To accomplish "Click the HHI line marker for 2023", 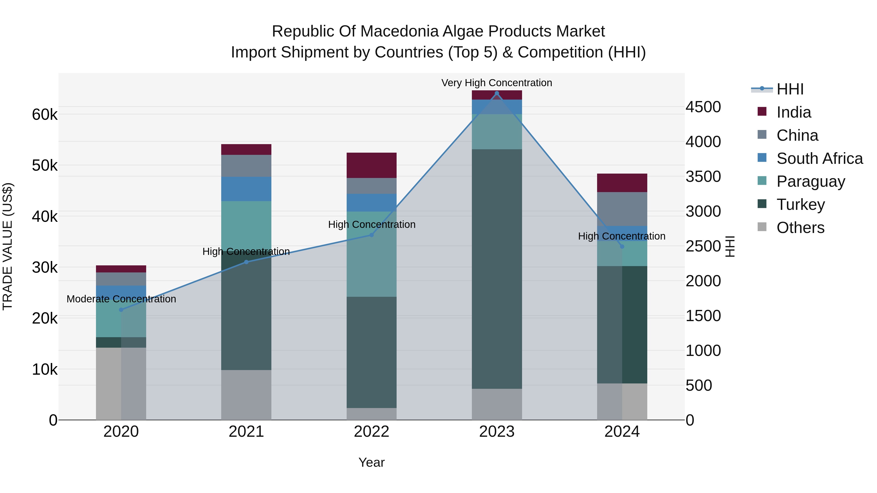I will pos(497,93).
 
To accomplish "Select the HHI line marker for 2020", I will pos(121,310).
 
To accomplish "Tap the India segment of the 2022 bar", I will pos(372,165).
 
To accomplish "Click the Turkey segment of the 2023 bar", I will pos(497,269).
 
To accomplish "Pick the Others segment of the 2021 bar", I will pos(246,395).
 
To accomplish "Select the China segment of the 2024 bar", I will pos(622,209).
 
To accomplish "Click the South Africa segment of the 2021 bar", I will pos(246,189).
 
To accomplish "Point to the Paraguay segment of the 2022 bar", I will pos(372,254).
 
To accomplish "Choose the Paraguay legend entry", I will pos(810,181).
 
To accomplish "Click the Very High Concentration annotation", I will pos(497,83).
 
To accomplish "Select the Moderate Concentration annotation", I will pos(121,299).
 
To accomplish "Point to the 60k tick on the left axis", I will pos(45,115).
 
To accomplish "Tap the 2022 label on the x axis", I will pos(372,432).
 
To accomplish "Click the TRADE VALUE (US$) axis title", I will pos(8,246).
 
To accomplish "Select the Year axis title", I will pos(372,462).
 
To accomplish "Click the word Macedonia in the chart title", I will pos(399,31).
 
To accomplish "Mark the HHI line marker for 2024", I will pos(622,246).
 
